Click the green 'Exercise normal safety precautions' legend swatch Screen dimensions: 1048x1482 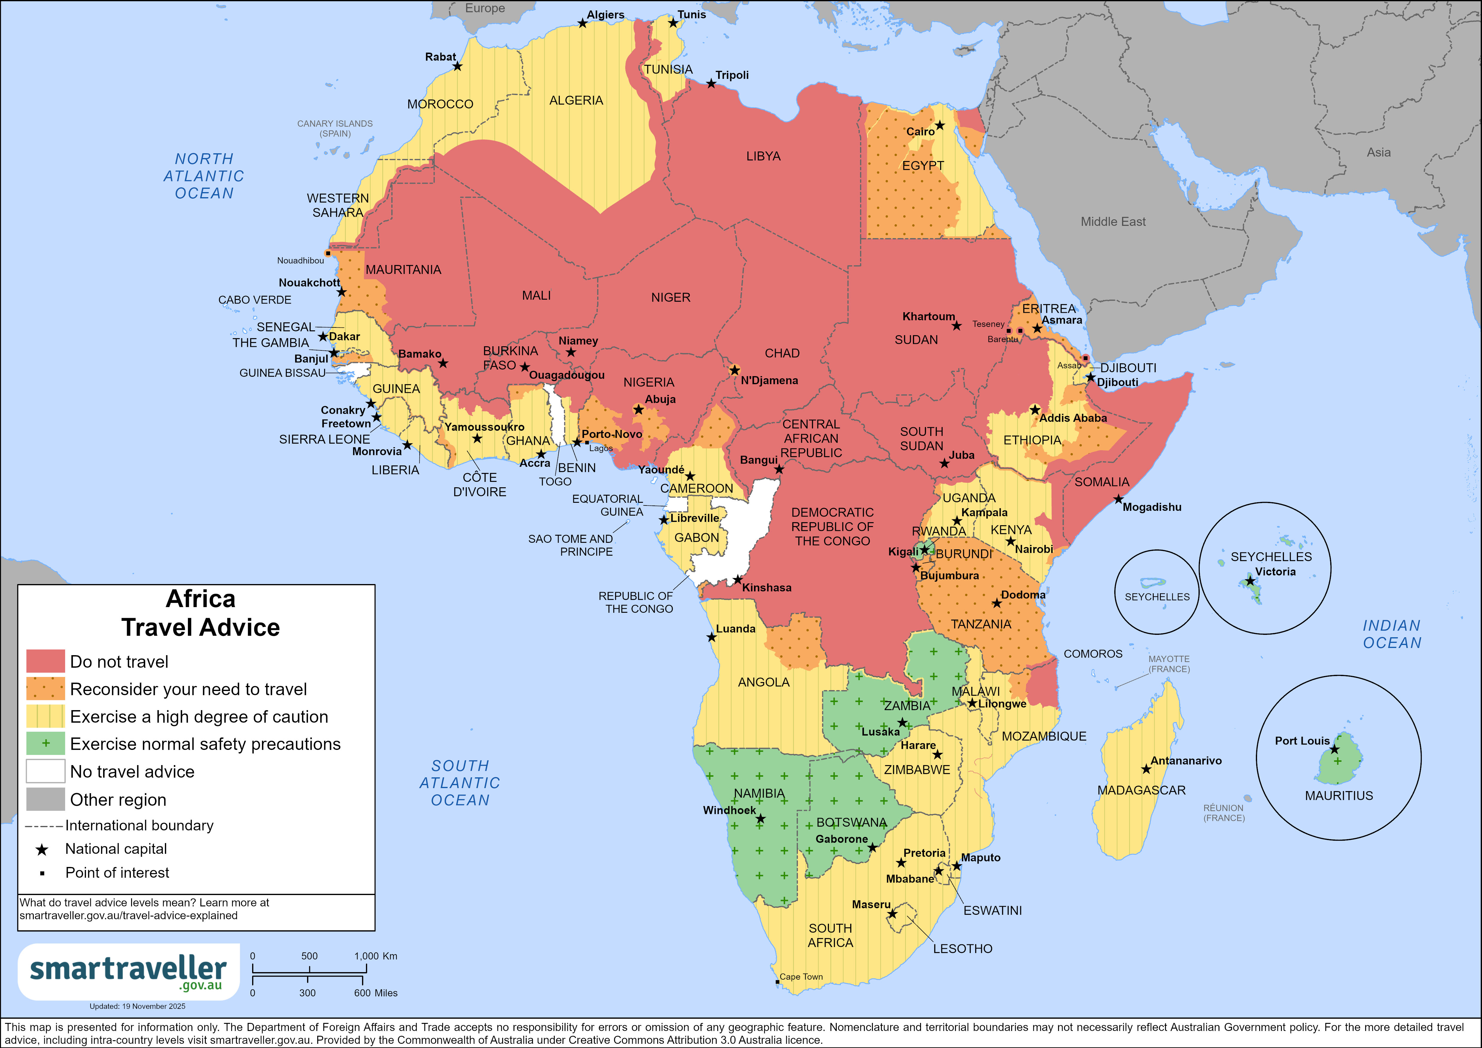[45, 743]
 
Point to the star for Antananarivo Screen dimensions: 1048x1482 [1146, 769]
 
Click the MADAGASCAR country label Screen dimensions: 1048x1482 [1141, 790]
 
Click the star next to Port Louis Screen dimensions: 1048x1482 [1334, 749]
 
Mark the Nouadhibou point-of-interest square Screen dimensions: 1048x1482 [327, 253]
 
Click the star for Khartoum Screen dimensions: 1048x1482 [956, 326]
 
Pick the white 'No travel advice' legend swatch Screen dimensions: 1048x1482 [45, 771]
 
